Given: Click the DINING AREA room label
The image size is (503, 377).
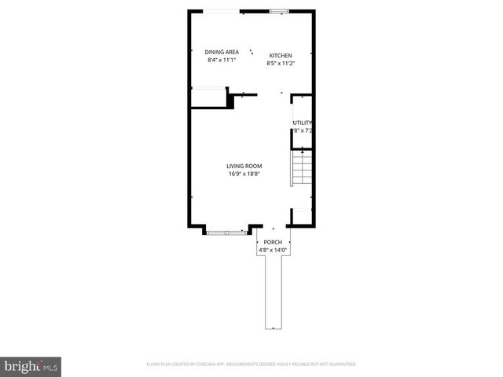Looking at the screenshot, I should pyautogui.click(x=211, y=52).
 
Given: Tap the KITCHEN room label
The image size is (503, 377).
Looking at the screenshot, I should pyautogui.click(x=281, y=55).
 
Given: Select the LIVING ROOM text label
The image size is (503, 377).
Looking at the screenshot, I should pyautogui.click(x=244, y=166).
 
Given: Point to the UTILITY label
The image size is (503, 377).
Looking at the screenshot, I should pyautogui.click(x=303, y=123).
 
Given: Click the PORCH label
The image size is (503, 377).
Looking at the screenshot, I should pyautogui.click(x=273, y=242).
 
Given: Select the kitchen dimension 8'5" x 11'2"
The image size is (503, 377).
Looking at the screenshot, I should pyautogui.click(x=281, y=63).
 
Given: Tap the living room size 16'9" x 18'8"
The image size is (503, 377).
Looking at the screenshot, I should pyautogui.click(x=244, y=174).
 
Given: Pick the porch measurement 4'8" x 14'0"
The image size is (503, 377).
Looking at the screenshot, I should pyautogui.click(x=273, y=250).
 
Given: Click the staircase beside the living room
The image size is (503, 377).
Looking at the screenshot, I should pyautogui.click(x=302, y=170).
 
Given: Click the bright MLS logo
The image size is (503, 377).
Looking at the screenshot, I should pyautogui.click(x=31, y=366).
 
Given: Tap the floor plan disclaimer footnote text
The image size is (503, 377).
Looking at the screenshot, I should pyautogui.click(x=251, y=364).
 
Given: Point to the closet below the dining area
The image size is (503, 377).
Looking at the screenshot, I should pyautogui.click(x=208, y=98).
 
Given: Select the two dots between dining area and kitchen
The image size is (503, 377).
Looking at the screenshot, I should pyautogui.click(x=251, y=52).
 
